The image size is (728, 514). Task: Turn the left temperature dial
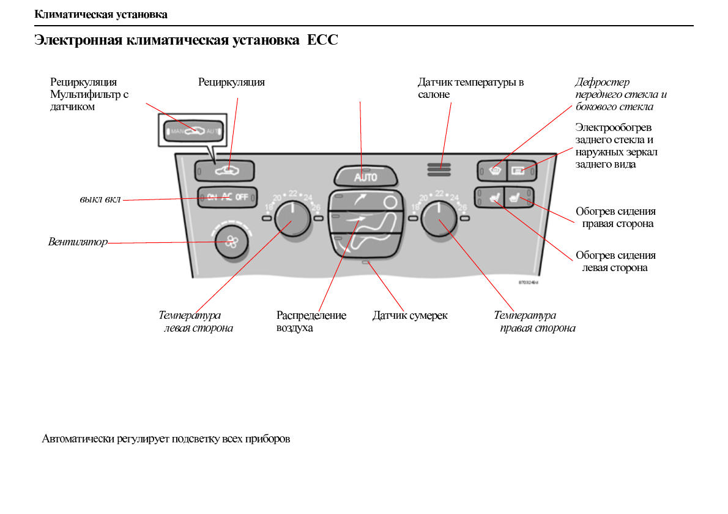click(x=292, y=218)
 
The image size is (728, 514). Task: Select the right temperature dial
click(x=439, y=218)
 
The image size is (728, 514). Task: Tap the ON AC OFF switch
click(x=227, y=197)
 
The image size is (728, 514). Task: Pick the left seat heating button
click(x=492, y=196)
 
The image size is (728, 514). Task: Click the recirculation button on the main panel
click(x=225, y=171)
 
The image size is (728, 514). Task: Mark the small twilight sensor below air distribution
click(x=365, y=262)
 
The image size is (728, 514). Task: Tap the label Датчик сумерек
click(x=410, y=316)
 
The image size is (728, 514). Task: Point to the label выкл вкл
click(x=100, y=199)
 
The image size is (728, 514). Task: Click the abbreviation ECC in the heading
click(x=322, y=41)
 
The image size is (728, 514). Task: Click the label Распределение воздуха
click(x=311, y=322)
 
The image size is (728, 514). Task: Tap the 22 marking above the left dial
click(x=293, y=193)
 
